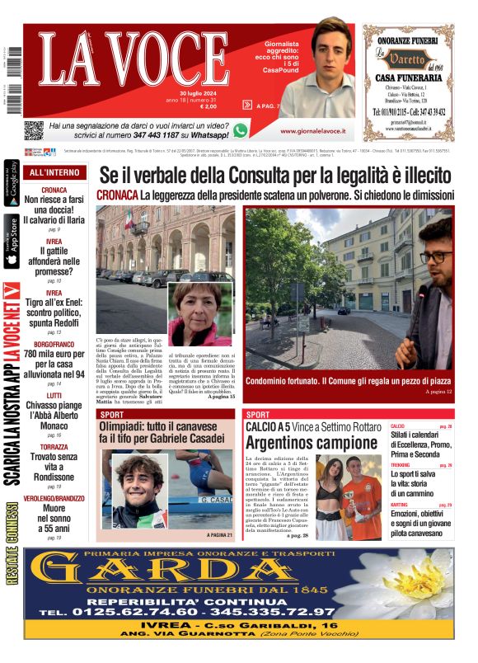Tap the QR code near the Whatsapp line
pyautogui.click(x=33, y=129)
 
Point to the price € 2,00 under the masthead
pyautogui.click(x=208, y=106)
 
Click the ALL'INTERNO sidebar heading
pyautogui.click(x=54, y=173)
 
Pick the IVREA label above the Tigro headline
pyautogui.click(x=54, y=293)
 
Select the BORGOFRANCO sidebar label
pyautogui.click(x=54, y=344)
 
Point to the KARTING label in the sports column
pyautogui.click(x=399, y=505)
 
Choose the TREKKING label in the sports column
pyautogui.click(x=401, y=466)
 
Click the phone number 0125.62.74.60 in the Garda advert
pyautogui.click(x=123, y=612)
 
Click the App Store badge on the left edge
pyautogui.click(x=12, y=242)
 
